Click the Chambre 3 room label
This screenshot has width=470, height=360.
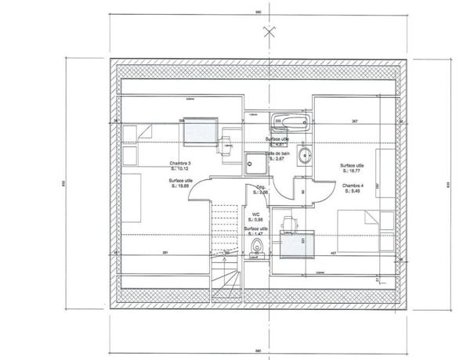coord(180,164)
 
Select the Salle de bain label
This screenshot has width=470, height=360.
coord(281,153)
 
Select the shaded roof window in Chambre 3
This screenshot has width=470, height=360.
coord(201,132)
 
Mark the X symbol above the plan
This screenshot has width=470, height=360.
coord(270,33)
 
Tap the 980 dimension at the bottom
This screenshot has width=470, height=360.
coord(256,350)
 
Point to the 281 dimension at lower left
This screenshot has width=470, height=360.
coord(165,252)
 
